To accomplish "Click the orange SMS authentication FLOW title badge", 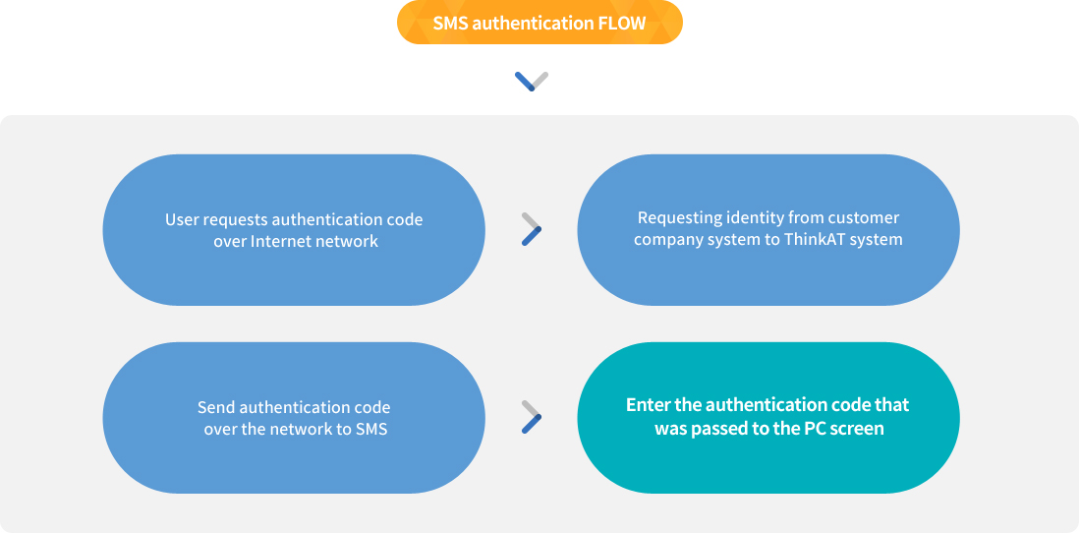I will coord(539,23).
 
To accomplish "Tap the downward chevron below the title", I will coord(532,81).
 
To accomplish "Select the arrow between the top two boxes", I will coord(532,229).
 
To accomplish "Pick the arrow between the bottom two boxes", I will coord(532,417).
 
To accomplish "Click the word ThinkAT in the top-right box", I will coord(818,239).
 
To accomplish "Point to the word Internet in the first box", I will coord(281,242).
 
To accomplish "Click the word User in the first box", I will coord(183,220).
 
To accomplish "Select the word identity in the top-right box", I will coord(760,218).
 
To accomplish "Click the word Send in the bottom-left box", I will coord(216,407).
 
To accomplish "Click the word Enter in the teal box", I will coord(649,405).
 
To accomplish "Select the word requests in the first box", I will coord(235,220).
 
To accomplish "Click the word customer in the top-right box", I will coord(864,218).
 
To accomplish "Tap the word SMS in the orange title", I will coord(451,24).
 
